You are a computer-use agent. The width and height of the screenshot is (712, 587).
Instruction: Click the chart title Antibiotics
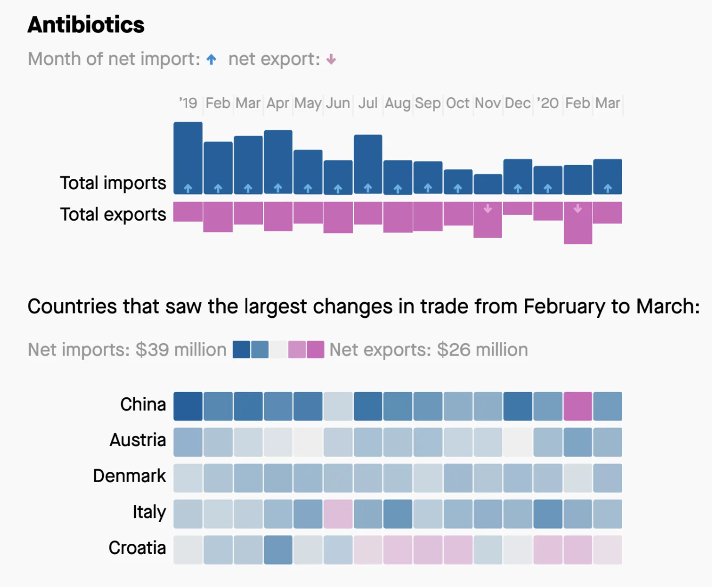click(x=86, y=25)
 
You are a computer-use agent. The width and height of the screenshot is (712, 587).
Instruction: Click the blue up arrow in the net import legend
click(x=212, y=59)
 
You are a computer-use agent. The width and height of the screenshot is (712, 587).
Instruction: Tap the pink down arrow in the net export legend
click(x=331, y=59)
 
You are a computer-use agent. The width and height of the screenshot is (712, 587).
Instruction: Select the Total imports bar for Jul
click(x=368, y=164)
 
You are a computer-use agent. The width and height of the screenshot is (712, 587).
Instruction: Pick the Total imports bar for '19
click(x=188, y=157)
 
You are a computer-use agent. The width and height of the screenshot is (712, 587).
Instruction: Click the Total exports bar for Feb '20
click(x=578, y=223)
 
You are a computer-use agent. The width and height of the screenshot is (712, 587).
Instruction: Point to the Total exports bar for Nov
click(x=487, y=219)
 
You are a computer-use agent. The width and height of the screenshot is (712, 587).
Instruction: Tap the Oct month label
click(x=458, y=103)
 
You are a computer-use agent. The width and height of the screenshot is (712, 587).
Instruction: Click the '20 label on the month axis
click(x=548, y=103)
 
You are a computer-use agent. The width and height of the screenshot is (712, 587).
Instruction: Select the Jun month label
click(x=338, y=103)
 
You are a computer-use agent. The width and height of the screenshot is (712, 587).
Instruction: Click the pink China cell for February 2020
click(x=578, y=406)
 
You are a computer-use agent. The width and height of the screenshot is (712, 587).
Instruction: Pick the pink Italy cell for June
click(x=338, y=514)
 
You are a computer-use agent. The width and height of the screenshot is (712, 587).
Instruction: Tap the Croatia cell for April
click(x=278, y=550)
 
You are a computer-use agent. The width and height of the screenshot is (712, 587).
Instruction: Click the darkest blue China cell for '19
click(x=188, y=406)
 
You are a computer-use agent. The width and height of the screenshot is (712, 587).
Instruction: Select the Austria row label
click(x=137, y=440)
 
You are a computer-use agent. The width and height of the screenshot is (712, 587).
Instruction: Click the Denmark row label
click(x=129, y=476)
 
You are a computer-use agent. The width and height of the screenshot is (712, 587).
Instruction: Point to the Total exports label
click(x=113, y=215)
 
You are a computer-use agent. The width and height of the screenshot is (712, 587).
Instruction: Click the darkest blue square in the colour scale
click(x=241, y=350)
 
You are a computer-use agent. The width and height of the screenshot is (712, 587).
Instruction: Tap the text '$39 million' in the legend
click(x=181, y=350)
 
